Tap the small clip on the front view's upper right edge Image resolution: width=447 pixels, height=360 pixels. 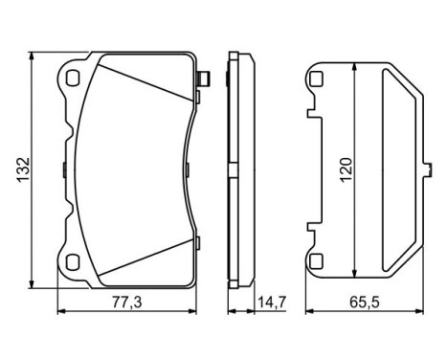[x=201, y=79]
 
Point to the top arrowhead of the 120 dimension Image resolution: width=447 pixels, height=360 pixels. [x=355, y=67]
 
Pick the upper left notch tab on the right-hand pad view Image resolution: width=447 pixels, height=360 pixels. [x=311, y=114]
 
